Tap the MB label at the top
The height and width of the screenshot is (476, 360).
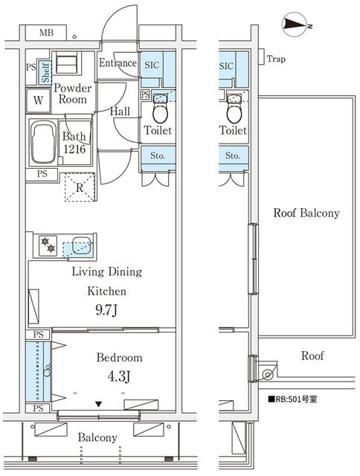tap(46, 33)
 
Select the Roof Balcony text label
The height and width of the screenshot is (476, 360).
tap(306, 213)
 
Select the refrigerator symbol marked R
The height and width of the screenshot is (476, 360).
tap(79, 187)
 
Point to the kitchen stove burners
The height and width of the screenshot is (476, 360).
tap(48, 244)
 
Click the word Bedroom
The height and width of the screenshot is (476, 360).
tap(119, 358)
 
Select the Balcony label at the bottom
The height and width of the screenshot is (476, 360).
tap(98, 437)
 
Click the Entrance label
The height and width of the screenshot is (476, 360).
tap(118, 63)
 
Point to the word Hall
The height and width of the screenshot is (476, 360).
tap(121, 111)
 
